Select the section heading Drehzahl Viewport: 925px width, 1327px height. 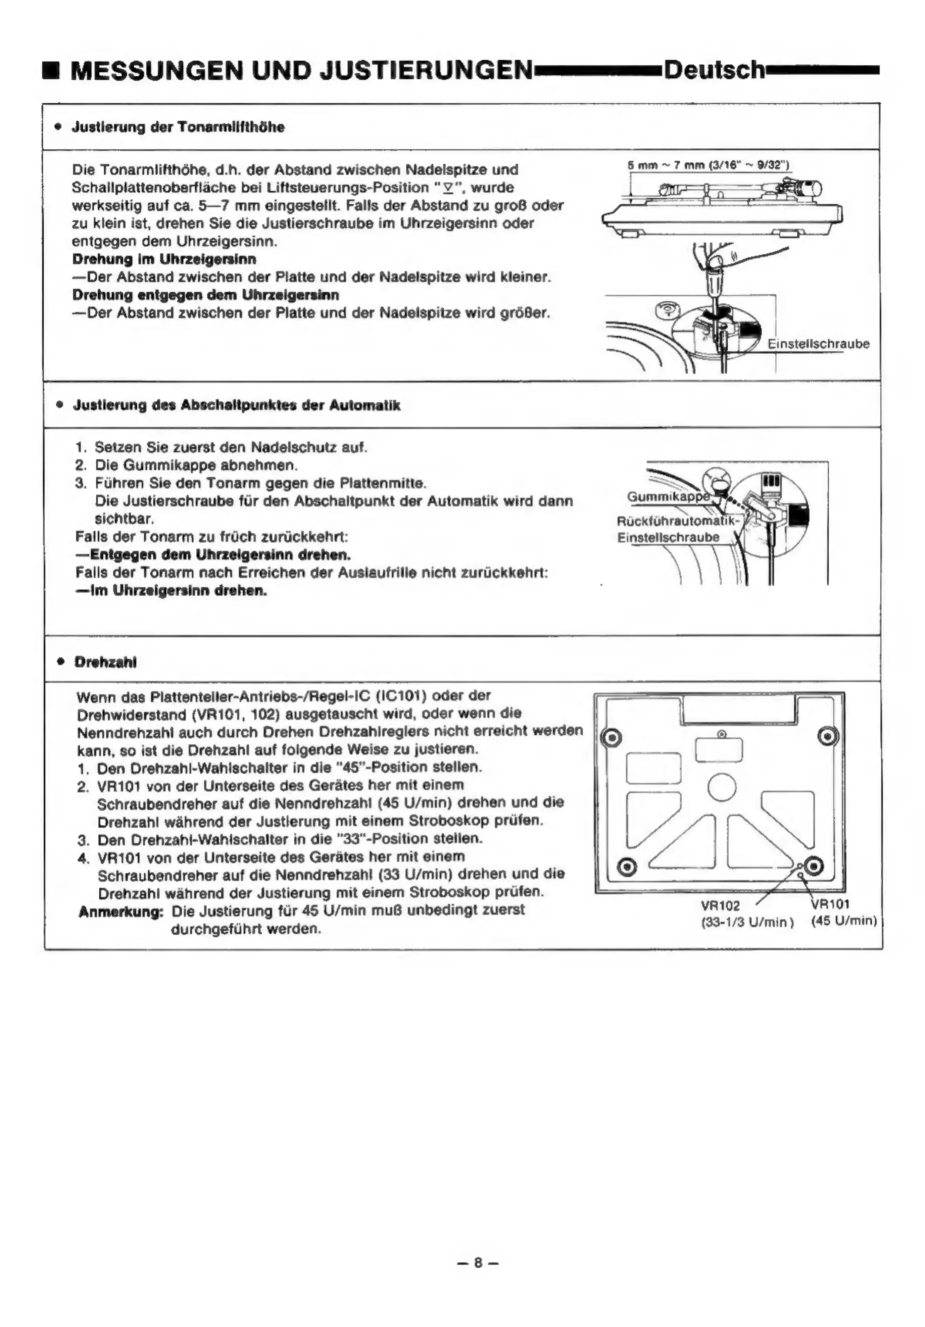coord(105,662)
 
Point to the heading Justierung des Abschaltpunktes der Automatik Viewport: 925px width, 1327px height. coord(237,405)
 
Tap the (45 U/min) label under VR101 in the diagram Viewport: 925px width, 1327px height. coord(844,921)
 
